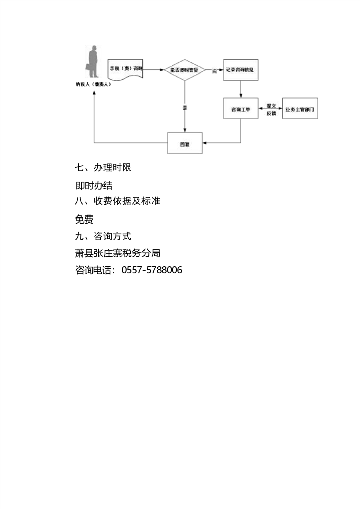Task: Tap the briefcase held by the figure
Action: [x=88, y=68]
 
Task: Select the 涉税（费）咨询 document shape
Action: [x=126, y=68]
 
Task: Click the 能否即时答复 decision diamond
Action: [x=185, y=70]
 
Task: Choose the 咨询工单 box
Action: [x=241, y=109]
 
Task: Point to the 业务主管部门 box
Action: [x=300, y=109]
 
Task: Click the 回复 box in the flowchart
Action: [x=185, y=143]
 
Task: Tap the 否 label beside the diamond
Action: [x=214, y=70]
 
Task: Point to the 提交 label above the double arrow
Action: [x=271, y=105]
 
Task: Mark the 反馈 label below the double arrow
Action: [x=271, y=114]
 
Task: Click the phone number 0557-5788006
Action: [x=152, y=270]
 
